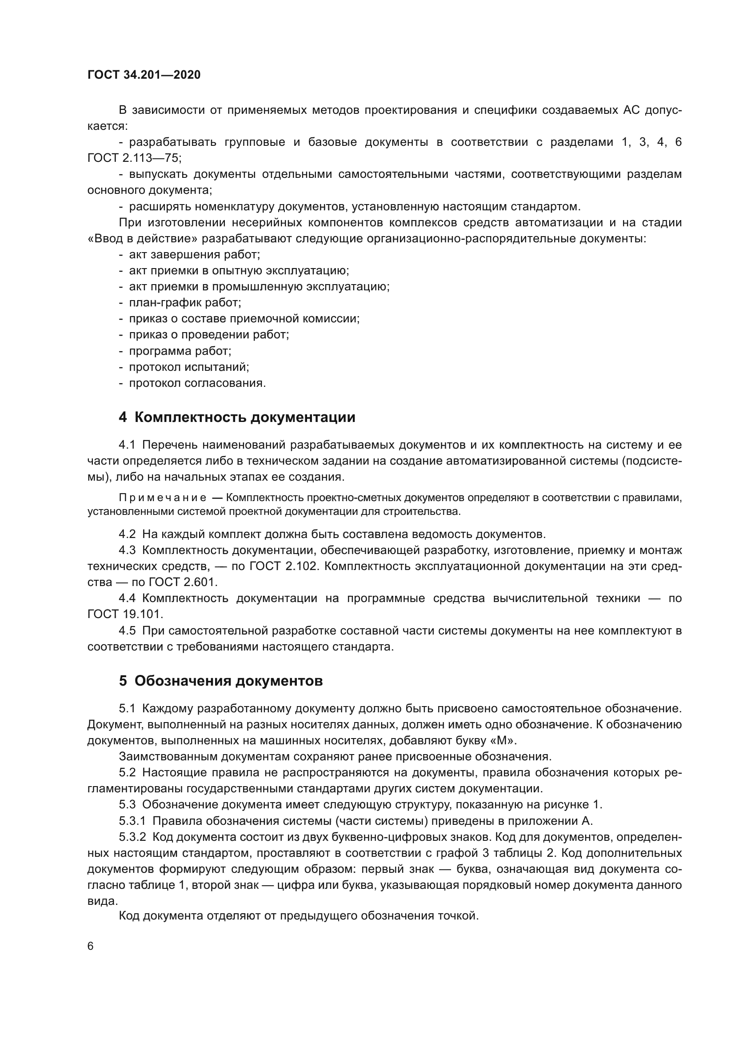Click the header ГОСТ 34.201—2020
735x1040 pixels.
144,75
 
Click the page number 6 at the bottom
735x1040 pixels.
91,946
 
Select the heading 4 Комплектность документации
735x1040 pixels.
237,417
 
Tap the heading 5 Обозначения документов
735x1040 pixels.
220,681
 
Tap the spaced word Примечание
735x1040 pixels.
163,498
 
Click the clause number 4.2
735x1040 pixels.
127,534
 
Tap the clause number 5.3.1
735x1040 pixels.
132,821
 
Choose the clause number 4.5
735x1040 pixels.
127,630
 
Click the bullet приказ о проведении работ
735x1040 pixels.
209,335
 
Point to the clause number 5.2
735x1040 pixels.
127,772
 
